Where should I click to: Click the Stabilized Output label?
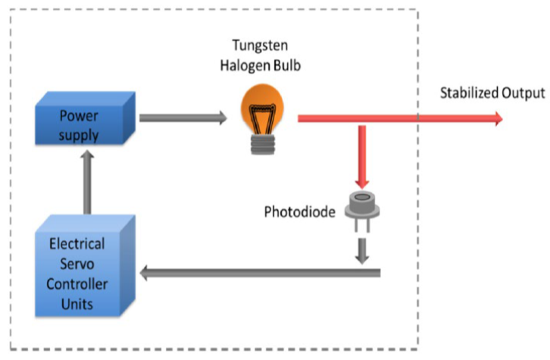[x=492, y=92]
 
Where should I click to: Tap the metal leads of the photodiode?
[x=363, y=227]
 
